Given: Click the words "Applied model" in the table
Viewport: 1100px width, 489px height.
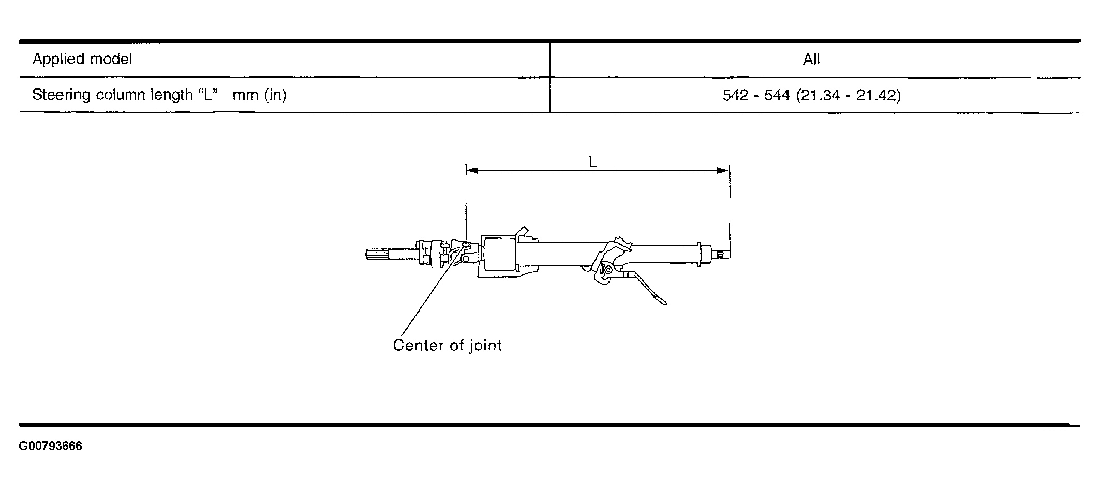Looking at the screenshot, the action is [x=82, y=60].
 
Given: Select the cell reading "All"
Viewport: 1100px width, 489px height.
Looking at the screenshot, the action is [x=811, y=60].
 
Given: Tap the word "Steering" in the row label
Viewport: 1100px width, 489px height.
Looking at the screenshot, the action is [x=61, y=95].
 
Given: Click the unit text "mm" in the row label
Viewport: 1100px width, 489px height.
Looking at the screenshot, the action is [x=245, y=96].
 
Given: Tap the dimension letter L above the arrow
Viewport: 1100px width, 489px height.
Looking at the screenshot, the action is [x=592, y=161].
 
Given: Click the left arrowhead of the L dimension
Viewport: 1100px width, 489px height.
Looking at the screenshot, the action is [x=471, y=170].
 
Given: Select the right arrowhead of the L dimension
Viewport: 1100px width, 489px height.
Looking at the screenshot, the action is [x=723, y=170].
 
